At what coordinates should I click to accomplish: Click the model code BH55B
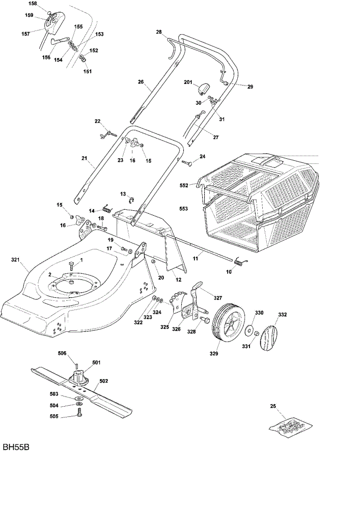(x=16, y=447)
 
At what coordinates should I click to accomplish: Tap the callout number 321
(x=16, y=260)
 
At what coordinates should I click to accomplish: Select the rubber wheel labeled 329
(x=228, y=322)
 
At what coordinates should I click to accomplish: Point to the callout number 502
(x=103, y=381)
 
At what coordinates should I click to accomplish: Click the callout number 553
(x=183, y=209)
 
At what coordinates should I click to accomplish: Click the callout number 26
(x=141, y=82)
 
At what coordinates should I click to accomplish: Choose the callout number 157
(x=25, y=34)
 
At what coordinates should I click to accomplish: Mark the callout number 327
(x=217, y=298)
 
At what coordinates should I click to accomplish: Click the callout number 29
(x=250, y=87)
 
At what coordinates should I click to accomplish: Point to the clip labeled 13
(x=133, y=199)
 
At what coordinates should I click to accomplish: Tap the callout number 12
(x=178, y=280)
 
